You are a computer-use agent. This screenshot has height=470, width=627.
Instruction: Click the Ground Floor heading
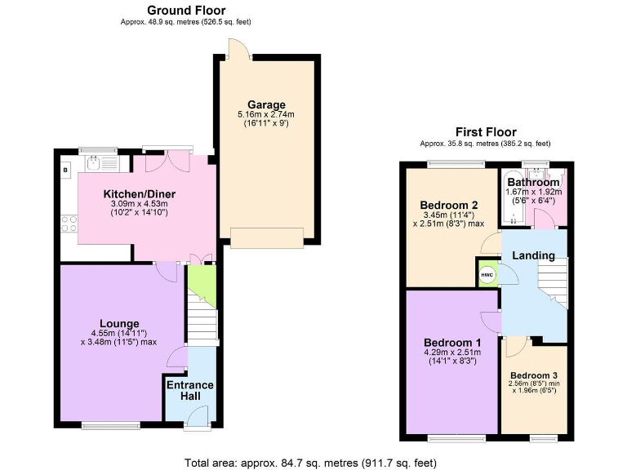click(186, 11)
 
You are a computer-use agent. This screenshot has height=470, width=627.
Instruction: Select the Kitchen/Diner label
click(140, 193)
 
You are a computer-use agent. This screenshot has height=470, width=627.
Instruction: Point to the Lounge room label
click(120, 323)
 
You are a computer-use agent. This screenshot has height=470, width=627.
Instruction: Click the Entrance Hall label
click(190, 390)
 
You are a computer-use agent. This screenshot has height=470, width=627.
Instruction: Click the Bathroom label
click(533, 182)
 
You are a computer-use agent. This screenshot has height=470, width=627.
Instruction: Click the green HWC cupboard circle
click(487, 275)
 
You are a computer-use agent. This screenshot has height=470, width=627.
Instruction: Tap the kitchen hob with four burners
click(69, 222)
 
